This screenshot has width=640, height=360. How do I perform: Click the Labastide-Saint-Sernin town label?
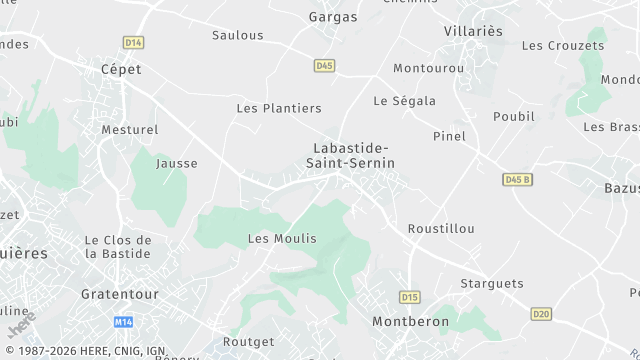350,155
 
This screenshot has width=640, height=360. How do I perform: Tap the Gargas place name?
333,17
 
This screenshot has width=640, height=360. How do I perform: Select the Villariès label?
473,31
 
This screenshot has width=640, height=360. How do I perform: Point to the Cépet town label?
121,69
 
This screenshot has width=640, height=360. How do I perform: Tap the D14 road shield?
134,42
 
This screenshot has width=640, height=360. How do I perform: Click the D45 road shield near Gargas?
324,66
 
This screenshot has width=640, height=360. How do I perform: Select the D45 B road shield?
517,179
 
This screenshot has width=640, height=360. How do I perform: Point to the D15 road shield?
409,297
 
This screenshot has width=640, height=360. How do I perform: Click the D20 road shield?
541,314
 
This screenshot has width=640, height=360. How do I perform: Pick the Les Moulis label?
282,238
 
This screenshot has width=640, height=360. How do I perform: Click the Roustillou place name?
441,228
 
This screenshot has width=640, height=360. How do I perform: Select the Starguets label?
492,283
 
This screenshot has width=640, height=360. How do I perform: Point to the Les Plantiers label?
279,108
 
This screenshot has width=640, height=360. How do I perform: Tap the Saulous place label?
238,35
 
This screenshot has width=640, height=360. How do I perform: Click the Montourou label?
429,68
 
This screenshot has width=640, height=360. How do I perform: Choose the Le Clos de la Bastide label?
118,246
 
